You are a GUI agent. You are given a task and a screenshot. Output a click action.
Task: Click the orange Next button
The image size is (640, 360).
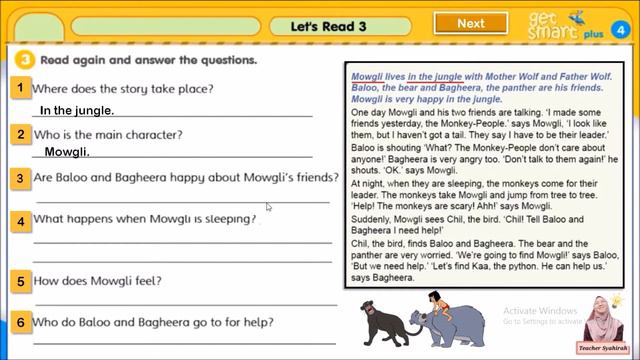470,23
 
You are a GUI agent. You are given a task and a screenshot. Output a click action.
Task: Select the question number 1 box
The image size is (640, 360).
19,89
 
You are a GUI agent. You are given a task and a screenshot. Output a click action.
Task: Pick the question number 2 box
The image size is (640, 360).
19,134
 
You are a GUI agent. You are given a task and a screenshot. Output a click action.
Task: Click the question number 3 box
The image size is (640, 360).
19,178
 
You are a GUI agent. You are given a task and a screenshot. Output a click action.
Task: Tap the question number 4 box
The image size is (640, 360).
19,220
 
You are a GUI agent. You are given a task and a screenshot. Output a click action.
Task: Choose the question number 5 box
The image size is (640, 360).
19,282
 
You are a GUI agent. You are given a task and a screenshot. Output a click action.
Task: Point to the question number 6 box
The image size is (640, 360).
19,323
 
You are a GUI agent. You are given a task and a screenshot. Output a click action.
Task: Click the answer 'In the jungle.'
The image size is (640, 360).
77,111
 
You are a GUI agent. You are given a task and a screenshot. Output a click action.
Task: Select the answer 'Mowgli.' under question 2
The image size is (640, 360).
67,152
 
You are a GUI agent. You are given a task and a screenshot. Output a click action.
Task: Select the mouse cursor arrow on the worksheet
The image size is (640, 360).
269,208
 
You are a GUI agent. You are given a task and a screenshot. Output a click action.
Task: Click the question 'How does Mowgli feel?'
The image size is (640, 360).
97,282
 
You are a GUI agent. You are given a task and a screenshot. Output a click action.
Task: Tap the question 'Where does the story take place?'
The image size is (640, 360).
123,89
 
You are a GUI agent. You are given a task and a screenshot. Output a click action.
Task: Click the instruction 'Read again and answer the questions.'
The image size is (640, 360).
148,60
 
